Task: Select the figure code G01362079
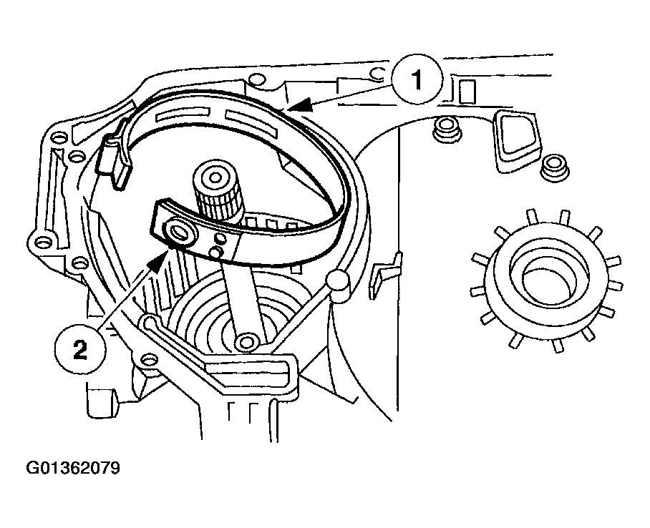click(73, 469)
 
